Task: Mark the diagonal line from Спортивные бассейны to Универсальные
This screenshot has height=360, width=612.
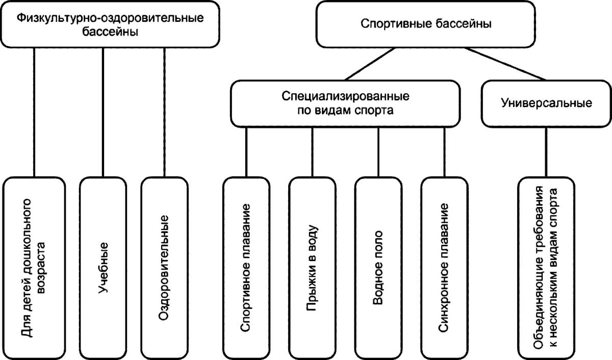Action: click(x=505, y=64)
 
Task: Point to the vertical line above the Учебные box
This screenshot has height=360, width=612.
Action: click(x=104, y=112)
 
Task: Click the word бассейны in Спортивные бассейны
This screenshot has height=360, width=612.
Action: click(x=467, y=24)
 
